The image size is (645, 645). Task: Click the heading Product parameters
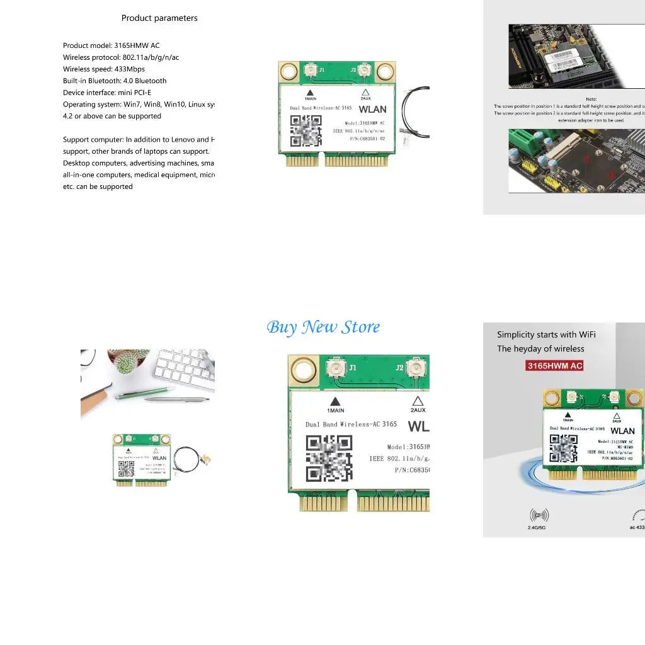tap(159, 18)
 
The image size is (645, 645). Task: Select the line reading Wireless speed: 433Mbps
tap(104, 69)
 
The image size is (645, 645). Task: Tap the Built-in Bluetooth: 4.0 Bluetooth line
tap(115, 81)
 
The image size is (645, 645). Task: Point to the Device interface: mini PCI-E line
tap(107, 93)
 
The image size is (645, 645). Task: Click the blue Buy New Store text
tap(323, 327)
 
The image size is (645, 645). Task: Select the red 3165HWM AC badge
tap(555, 365)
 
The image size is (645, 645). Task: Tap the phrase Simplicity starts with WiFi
tap(546, 334)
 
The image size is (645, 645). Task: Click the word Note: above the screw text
tap(591, 99)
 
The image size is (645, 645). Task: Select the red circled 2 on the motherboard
tap(610, 176)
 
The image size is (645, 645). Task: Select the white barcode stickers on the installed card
tap(568, 60)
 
